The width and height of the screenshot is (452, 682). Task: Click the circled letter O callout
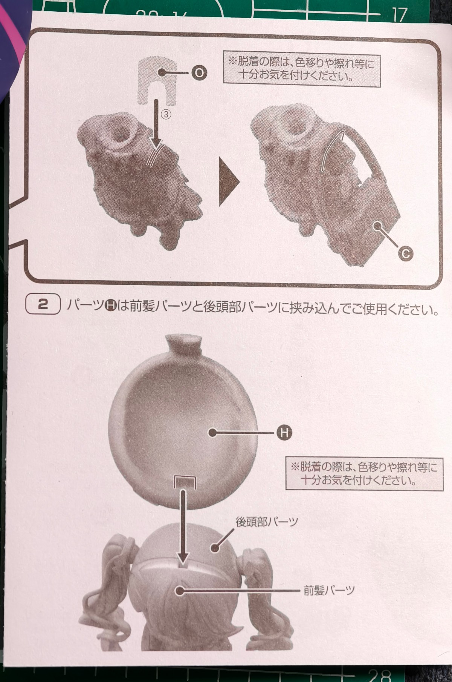[x=199, y=73]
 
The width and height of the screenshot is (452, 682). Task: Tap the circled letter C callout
[x=405, y=253]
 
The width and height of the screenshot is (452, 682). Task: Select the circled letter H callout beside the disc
[x=284, y=433]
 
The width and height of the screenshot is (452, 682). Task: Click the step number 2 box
[x=43, y=304]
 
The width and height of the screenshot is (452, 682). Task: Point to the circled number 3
[x=166, y=114]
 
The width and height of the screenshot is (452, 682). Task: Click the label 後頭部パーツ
[x=267, y=522]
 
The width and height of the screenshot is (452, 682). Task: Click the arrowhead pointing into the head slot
[x=183, y=559]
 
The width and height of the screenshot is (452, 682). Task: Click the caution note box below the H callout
[x=364, y=473]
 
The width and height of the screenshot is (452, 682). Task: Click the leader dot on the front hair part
[x=180, y=591]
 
